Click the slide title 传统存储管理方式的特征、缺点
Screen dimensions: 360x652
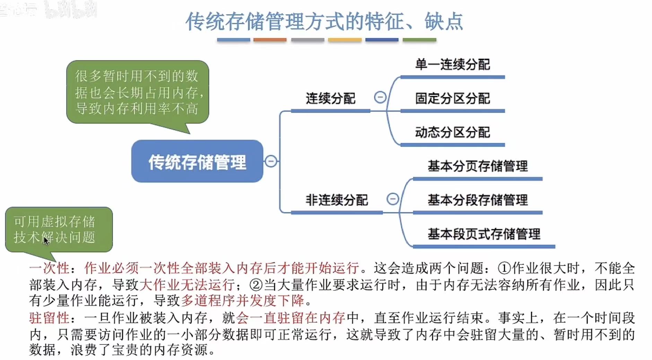pos(324,21)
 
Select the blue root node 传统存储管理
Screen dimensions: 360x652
pos(197,161)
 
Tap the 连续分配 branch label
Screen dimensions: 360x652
pos(330,99)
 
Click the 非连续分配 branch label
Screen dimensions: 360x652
pos(336,200)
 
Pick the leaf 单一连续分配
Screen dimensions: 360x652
pos(452,65)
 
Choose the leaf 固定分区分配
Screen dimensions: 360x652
pos(452,99)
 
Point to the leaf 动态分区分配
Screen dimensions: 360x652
pos(452,132)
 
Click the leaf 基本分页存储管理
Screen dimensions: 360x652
pos(477,166)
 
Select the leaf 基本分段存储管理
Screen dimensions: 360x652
pos(477,200)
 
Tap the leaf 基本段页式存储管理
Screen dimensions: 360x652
pos(484,234)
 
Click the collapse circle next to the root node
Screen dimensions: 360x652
pos(271,161)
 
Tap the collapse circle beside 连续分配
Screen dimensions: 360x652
pos(380,97)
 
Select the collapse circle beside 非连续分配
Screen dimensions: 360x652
pos(392,199)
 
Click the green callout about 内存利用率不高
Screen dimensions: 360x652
pos(138,92)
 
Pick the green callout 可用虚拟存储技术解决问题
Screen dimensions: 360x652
pos(59,229)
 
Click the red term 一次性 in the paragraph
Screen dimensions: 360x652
pos(49,268)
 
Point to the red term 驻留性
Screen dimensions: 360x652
pos(49,318)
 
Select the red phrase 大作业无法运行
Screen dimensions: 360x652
pos(187,285)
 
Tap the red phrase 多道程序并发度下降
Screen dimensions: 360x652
pos(242,300)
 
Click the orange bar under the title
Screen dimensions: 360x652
pos(270,40)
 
